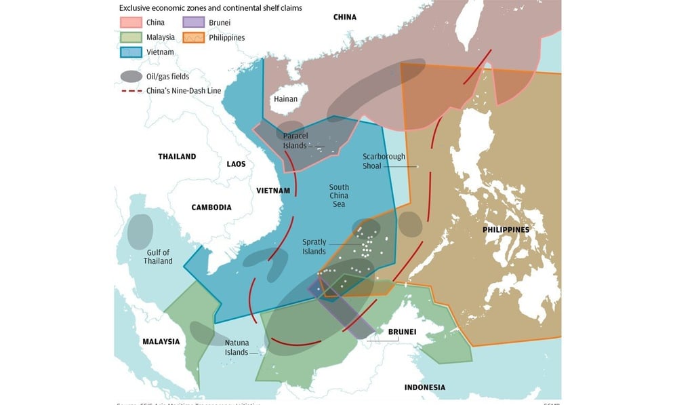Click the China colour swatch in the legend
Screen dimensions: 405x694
pos(131,22)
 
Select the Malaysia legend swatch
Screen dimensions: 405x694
pos(131,37)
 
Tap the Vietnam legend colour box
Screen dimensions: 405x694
pos(131,52)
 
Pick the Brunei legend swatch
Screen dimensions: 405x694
pos(194,22)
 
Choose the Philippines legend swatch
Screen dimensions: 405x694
pos(194,37)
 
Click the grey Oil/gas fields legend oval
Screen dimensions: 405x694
pos(131,76)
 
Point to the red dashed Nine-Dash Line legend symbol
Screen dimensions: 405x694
pos(131,90)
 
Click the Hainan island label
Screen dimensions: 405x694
pos(285,99)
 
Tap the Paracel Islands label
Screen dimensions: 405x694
pos(295,140)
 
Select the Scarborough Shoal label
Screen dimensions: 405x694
pos(384,161)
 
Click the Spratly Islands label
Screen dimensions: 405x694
pos(314,246)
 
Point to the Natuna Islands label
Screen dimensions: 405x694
pos(237,347)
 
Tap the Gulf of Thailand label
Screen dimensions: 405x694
pos(158,256)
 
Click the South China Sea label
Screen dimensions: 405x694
pos(339,196)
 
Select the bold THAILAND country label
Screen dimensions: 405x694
pos(177,157)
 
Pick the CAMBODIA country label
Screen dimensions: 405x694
pos(211,208)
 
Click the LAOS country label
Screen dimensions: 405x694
pos(236,164)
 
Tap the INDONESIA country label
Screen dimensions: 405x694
pos(424,387)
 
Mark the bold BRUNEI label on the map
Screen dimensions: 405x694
pos(402,332)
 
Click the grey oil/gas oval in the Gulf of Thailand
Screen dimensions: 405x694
pos(140,231)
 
